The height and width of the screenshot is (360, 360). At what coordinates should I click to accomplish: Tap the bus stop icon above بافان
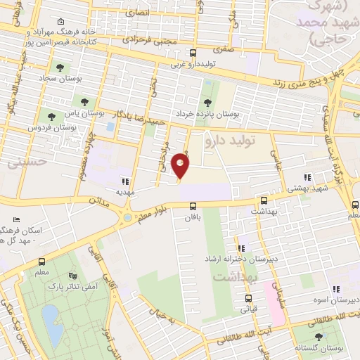[x=193, y=205]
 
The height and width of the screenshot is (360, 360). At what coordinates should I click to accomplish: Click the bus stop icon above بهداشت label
[x=264, y=200]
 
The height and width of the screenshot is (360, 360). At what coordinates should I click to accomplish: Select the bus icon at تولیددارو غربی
[x=193, y=53]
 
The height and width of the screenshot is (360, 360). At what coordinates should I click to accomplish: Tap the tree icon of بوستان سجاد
[x=60, y=68]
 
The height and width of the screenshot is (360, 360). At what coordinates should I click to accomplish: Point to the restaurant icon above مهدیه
[x=126, y=181]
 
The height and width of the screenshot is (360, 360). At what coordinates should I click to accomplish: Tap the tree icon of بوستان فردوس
[x=50, y=116]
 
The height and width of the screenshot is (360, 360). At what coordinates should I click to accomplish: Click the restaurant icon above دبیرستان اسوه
[x=335, y=288]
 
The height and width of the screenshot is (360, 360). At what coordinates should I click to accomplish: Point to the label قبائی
[x=250, y=308]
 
